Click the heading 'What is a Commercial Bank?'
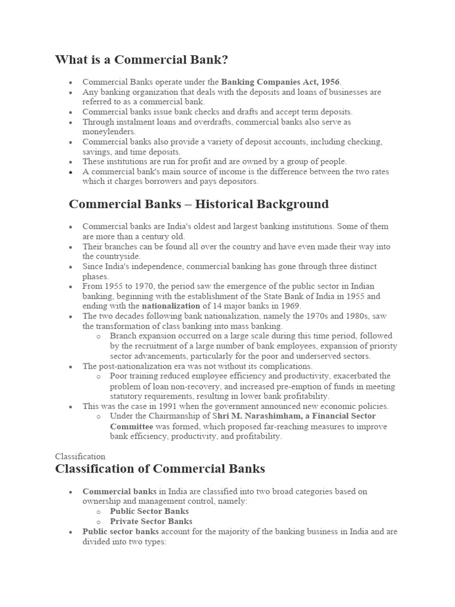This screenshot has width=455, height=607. tap(142, 60)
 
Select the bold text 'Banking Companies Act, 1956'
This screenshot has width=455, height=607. tap(281, 82)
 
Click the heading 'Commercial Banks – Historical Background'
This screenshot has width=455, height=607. tap(198, 205)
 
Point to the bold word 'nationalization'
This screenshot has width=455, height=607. tap(171, 306)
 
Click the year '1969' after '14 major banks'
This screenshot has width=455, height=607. tap(291, 306)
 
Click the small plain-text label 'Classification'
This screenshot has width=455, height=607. tap(80, 456)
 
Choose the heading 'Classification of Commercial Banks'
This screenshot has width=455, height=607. tap(160, 469)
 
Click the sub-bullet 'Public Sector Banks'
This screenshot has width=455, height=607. tap(149, 511)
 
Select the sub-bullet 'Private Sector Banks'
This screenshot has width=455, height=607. tap(151, 522)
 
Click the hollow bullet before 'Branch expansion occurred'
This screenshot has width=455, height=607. tap(98, 336)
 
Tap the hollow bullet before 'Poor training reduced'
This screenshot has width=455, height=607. tap(98, 376)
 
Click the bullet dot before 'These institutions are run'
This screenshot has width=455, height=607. tap(71, 162)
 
